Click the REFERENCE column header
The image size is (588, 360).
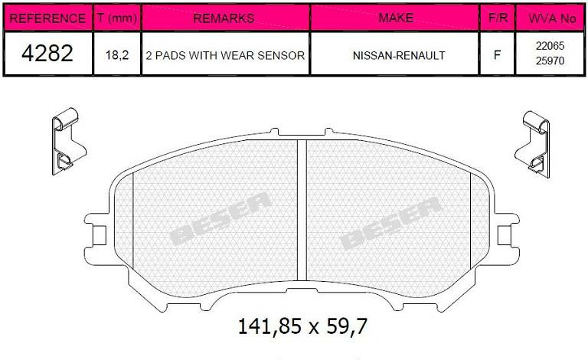[x=48, y=18]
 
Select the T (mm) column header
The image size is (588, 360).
[x=116, y=18]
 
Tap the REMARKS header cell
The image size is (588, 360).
[x=224, y=18]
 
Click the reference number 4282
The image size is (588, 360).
[x=47, y=54]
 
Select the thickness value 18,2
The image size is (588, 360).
[x=116, y=55]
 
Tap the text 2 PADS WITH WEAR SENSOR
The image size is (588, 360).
[x=225, y=55]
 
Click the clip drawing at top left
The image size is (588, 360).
[x=65, y=141]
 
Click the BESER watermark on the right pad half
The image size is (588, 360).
[x=391, y=222]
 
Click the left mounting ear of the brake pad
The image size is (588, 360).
[x=96, y=227]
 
